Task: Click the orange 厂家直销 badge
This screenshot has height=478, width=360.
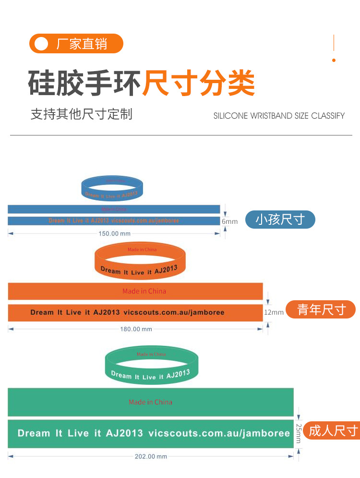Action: [x=76, y=44]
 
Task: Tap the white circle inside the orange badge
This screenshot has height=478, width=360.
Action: [x=42, y=44]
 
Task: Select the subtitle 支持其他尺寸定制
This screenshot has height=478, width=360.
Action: [x=81, y=114]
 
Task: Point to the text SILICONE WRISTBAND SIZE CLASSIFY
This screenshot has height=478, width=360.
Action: [x=279, y=116]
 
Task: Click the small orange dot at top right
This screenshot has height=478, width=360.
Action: [x=334, y=60]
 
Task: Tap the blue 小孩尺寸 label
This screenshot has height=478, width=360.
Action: [x=280, y=220]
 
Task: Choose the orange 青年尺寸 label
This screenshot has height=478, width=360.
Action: [x=321, y=309]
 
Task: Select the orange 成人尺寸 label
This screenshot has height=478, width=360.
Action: [x=333, y=430]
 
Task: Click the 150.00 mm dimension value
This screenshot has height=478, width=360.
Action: [x=114, y=233]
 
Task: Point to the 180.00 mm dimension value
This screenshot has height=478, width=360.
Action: [x=136, y=329]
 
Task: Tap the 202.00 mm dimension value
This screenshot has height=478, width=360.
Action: [x=151, y=456]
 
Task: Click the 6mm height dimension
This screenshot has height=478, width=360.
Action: [x=229, y=221]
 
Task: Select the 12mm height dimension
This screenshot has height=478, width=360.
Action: [x=274, y=312]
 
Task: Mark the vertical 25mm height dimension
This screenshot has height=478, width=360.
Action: [x=299, y=433]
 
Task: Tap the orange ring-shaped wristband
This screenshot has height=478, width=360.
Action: [x=140, y=261]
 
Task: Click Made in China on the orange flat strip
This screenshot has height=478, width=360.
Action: [x=144, y=291]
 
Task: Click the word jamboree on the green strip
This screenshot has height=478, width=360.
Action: [x=266, y=433]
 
